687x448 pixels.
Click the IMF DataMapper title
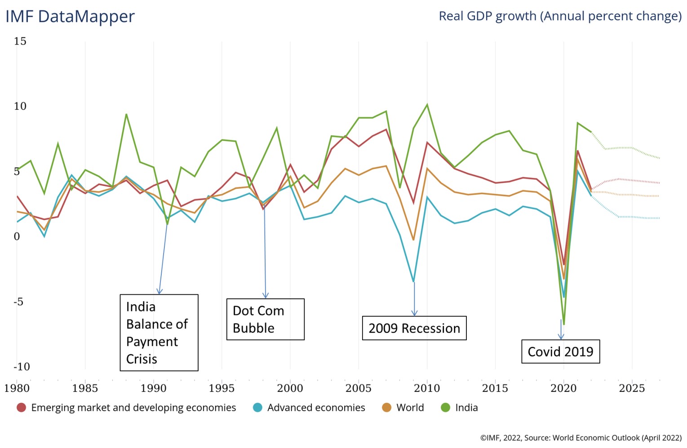pyautogui.click(x=70, y=17)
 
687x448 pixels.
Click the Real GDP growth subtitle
pyautogui.click(x=560, y=16)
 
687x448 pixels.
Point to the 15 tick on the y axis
pyautogui.click(x=20, y=41)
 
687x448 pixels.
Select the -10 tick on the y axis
pyautogui.click(x=21, y=367)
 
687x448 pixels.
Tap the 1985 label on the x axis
pyautogui.click(x=85, y=388)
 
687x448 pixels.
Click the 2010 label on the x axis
pyautogui.click(x=426, y=388)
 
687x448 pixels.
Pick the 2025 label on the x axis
pyautogui.click(x=631, y=388)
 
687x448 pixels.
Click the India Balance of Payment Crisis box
pyautogui.click(x=159, y=333)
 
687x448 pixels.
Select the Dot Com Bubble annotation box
pyautogui.click(x=265, y=319)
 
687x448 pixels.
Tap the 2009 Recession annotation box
pyautogui.click(x=414, y=328)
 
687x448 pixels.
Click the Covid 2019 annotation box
pyautogui.click(x=560, y=351)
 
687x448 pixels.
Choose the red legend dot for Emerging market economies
pyautogui.click(x=21, y=408)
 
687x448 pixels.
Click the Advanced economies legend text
pyautogui.click(x=316, y=408)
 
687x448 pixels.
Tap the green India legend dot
pyautogui.click(x=445, y=408)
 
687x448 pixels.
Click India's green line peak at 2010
pyautogui.click(x=427, y=105)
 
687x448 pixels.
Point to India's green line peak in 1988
pyautogui.click(x=126, y=114)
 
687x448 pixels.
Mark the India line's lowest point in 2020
pyautogui.click(x=563, y=324)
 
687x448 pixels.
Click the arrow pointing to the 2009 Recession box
pyautogui.click(x=414, y=299)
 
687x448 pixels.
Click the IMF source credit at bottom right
pyautogui.click(x=581, y=438)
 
